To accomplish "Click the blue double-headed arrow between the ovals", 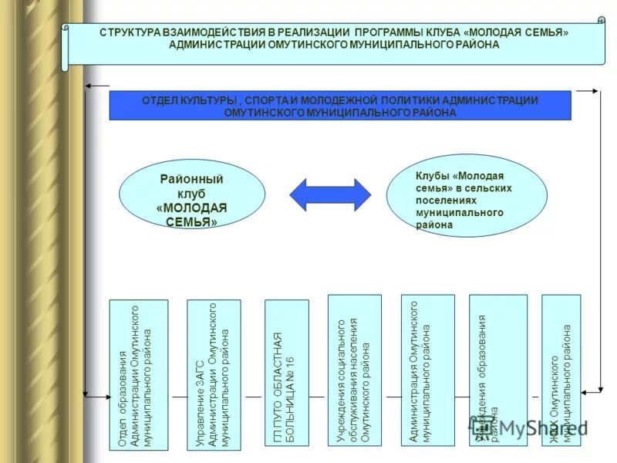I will pyautogui.click(x=330, y=194).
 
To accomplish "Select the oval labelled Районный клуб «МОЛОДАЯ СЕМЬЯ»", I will pyautogui.click(x=192, y=195).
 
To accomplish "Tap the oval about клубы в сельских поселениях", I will pyautogui.click(x=477, y=195).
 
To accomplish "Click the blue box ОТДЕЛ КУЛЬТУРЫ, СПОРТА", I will pyautogui.click(x=340, y=106).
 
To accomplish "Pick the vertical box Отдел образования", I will pyautogui.click(x=138, y=374).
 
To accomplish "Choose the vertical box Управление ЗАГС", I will pyautogui.click(x=214, y=374).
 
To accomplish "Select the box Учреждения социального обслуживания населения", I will pyautogui.click(x=354, y=370).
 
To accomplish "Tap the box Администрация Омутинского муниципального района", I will pyautogui.click(x=427, y=370).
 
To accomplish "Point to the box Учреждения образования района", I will pyautogui.click(x=497, y=370).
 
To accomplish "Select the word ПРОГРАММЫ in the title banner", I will pyautogui.click(x=389, y=33).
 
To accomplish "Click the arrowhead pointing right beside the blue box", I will pyautogui.click(x=594, y=91).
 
